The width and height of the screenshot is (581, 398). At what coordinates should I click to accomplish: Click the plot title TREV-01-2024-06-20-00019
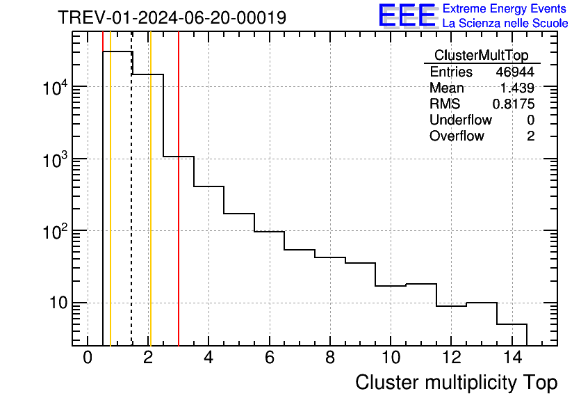click(172, 17)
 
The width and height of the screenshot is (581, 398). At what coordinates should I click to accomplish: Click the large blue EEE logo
click(407, 15)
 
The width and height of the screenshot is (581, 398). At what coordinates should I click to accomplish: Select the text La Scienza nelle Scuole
click(505, 23)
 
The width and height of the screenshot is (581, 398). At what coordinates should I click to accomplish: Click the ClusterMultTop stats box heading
click(481, 56)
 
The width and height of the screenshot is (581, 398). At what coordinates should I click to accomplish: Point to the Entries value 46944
click(515, 72)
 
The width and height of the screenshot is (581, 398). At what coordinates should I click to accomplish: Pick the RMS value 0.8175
click(514, 104)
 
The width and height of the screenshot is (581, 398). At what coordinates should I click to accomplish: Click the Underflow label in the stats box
click(460, 120)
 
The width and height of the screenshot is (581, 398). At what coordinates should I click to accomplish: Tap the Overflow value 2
click(530, 136)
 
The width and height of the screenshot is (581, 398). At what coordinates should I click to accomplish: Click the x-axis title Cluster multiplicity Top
click(456, 382)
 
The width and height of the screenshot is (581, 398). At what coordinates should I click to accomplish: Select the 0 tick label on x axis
click(88, 358)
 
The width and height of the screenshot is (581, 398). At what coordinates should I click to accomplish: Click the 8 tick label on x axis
click(329, 358)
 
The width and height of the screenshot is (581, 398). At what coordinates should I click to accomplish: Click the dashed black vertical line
click(131, 209)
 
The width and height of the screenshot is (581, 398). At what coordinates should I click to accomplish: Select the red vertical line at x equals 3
click(179, 209)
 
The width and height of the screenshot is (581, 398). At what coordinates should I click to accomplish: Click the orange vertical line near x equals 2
click(150, 209)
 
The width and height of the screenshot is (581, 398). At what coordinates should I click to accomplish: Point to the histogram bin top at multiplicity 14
click(512, 324)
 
